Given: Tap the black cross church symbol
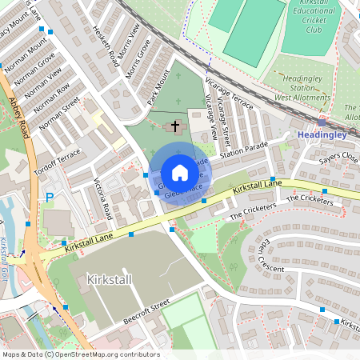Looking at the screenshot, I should pyautogui.click(x=175, y=126).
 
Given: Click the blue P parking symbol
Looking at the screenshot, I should pyautogui.click(x=50, y=198).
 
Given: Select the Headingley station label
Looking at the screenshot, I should pyautogui.click(x=322, y=135).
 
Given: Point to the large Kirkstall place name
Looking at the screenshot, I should pyautogui.click(x=110, y=280).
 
